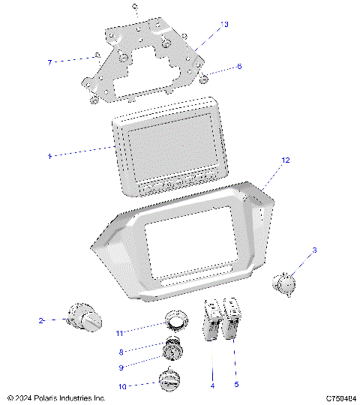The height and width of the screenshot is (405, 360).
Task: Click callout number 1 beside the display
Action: (49, 156)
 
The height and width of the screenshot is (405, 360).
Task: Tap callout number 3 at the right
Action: (315, 250)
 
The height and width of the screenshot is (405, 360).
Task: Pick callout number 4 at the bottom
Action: (213, 385)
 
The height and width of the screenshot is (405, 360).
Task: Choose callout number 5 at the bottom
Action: (237, 385)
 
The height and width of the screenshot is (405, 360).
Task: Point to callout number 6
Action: (239, 66)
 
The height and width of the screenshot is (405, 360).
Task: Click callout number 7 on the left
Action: (49, 61)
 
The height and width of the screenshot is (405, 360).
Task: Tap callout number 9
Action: (121, 367)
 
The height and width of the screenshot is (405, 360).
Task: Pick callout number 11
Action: (119, 332)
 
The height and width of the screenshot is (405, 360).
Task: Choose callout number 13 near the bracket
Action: (223, 25)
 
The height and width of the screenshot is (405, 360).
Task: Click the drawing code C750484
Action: (340, 398)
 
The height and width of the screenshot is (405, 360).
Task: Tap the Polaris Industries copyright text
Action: (55, 398)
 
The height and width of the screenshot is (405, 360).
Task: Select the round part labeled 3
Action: (283, 283)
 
